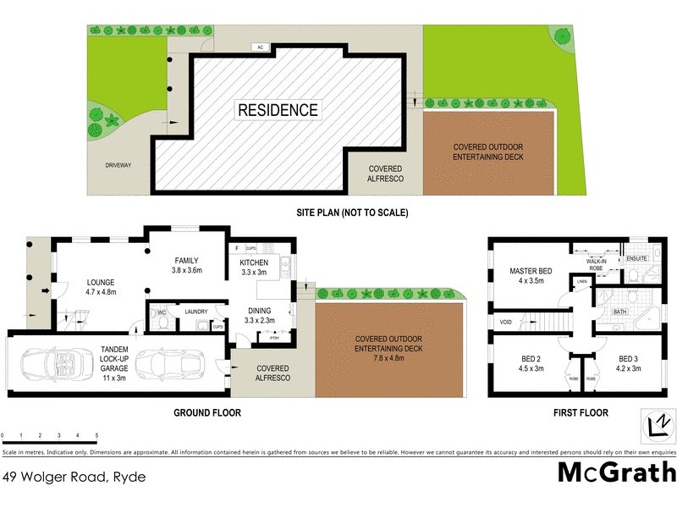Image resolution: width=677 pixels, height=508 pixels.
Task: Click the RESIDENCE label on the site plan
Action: [278, 110]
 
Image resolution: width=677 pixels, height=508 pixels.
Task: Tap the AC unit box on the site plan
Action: [259, 47]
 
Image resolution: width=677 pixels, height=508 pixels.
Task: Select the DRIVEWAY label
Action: [118, 165]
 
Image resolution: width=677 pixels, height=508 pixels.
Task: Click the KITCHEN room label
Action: [255, 262]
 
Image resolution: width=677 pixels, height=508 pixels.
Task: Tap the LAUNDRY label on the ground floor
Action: [196, 312]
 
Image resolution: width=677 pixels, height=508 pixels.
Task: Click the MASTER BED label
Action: [531, 271]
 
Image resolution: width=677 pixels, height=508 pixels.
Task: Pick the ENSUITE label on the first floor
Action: [636, 257]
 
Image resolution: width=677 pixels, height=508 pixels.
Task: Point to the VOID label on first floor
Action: [505, 322]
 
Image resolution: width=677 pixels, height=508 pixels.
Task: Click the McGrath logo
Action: [617, 472]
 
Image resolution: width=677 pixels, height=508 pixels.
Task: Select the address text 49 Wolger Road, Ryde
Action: [74, 477]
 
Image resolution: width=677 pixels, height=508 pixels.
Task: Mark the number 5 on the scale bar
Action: [96, 435]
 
